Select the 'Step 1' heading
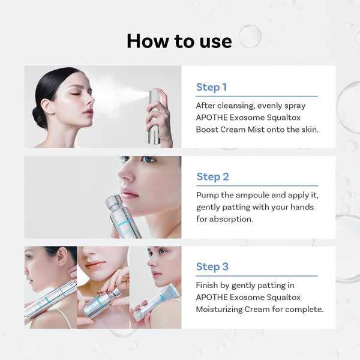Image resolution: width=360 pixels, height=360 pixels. (x=211, y=88)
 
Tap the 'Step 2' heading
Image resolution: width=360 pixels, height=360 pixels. (x=212, y=176)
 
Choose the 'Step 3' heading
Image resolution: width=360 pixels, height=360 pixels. (x=212, y=266)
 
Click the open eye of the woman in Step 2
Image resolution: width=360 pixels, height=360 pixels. (x=147, y=160)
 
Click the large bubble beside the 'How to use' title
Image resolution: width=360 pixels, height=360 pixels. (x=250, y=36)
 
